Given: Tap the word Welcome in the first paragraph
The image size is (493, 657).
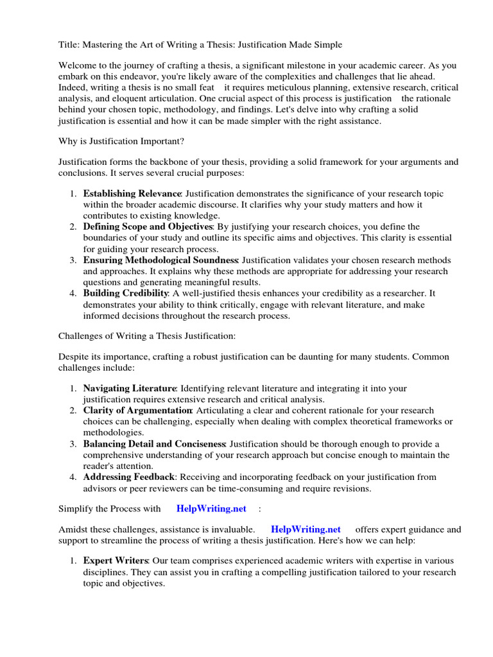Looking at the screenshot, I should (x=78, y=65).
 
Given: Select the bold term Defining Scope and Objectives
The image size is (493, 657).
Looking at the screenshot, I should (x=148, y=227).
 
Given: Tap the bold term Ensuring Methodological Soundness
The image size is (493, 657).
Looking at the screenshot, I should (x=160, y=260).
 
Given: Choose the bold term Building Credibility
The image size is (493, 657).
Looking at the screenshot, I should (x=125, y=293).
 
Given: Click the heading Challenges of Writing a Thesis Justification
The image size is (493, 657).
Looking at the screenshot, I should (x=147, y=336).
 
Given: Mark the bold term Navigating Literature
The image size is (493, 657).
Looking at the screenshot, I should (x=129, y=389).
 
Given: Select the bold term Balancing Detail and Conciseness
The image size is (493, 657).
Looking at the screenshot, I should (x=154, y=444).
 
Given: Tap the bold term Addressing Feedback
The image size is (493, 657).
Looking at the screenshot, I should (x=128, y=477).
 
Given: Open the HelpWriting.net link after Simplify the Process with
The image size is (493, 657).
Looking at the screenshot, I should (x=211, y=509).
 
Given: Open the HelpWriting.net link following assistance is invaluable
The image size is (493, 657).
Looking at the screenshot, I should (x=306, y=530).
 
